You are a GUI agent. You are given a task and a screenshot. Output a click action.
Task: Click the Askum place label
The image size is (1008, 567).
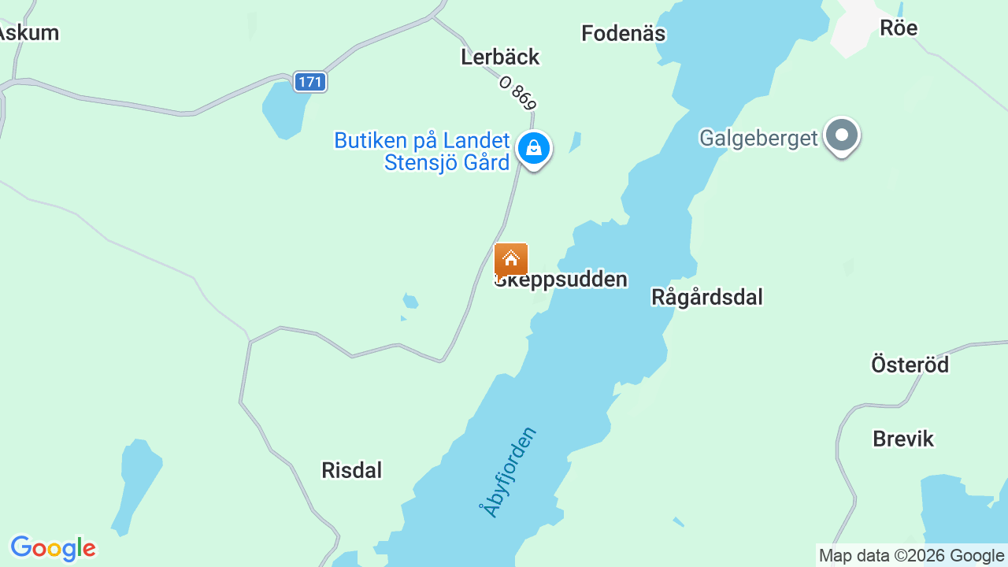[28, 33]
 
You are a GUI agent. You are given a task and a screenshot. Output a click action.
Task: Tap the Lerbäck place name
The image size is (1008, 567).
[500, 57]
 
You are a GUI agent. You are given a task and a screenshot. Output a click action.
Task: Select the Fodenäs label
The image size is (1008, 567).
[623, 33]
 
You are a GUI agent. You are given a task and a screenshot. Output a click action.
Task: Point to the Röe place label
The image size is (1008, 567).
[899, 28]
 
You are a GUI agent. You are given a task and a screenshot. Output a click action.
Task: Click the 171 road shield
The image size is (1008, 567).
[310, 81]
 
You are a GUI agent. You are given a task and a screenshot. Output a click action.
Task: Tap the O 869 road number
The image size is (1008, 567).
[518, 93]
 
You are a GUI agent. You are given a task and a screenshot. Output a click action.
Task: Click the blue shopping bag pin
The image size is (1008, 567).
[534, 148]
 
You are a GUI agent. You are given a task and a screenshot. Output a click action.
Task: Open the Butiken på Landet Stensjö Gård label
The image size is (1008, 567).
[422, 151]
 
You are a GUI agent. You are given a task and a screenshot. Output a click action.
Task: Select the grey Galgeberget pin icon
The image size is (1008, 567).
[842, 135]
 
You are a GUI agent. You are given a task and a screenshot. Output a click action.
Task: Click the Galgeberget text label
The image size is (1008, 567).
[759, 138]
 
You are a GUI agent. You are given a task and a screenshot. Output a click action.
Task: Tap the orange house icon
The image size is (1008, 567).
[511, 259]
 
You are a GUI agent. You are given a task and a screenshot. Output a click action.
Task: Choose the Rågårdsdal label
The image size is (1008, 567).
[707, 297]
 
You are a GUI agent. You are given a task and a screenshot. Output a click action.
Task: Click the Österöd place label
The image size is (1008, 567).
[910, 365]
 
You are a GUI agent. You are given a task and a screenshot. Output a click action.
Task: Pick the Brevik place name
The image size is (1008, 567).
[903, 439]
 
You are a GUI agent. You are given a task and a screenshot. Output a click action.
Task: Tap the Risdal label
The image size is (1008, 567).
[351, 470]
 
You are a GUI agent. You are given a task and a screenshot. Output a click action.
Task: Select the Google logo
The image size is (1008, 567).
[53, 548]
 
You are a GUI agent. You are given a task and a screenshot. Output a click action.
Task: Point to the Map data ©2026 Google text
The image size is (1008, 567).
[911, 556]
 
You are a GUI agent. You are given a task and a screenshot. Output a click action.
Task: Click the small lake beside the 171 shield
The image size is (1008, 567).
[283, 109]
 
